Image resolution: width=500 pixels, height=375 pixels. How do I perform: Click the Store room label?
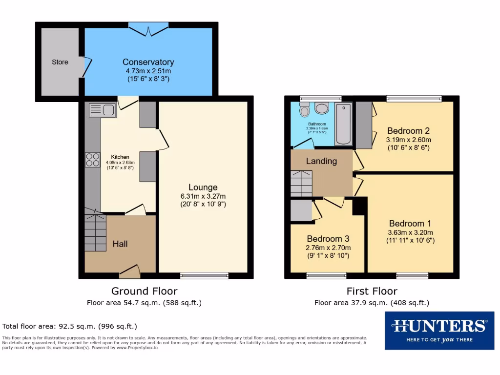60,62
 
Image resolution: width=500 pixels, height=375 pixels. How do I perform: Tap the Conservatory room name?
148,62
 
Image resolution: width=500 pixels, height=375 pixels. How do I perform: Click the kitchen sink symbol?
102,111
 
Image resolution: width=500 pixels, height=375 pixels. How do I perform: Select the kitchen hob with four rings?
93,160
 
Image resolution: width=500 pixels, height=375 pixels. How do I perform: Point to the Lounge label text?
203,187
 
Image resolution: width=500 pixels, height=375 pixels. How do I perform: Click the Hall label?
120,244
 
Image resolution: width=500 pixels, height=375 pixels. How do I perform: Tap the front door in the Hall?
129,271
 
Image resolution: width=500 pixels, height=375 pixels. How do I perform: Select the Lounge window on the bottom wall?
204,275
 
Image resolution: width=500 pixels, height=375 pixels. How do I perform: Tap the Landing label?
321,161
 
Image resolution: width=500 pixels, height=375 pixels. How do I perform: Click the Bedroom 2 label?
408,130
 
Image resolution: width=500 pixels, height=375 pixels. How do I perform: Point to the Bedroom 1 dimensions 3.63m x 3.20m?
410,232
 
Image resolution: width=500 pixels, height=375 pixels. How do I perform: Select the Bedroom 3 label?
328,239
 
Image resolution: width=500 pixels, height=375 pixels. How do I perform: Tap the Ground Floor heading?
144,292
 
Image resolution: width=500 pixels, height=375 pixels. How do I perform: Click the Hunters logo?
439,331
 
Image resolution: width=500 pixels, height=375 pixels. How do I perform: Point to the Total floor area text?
70,326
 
